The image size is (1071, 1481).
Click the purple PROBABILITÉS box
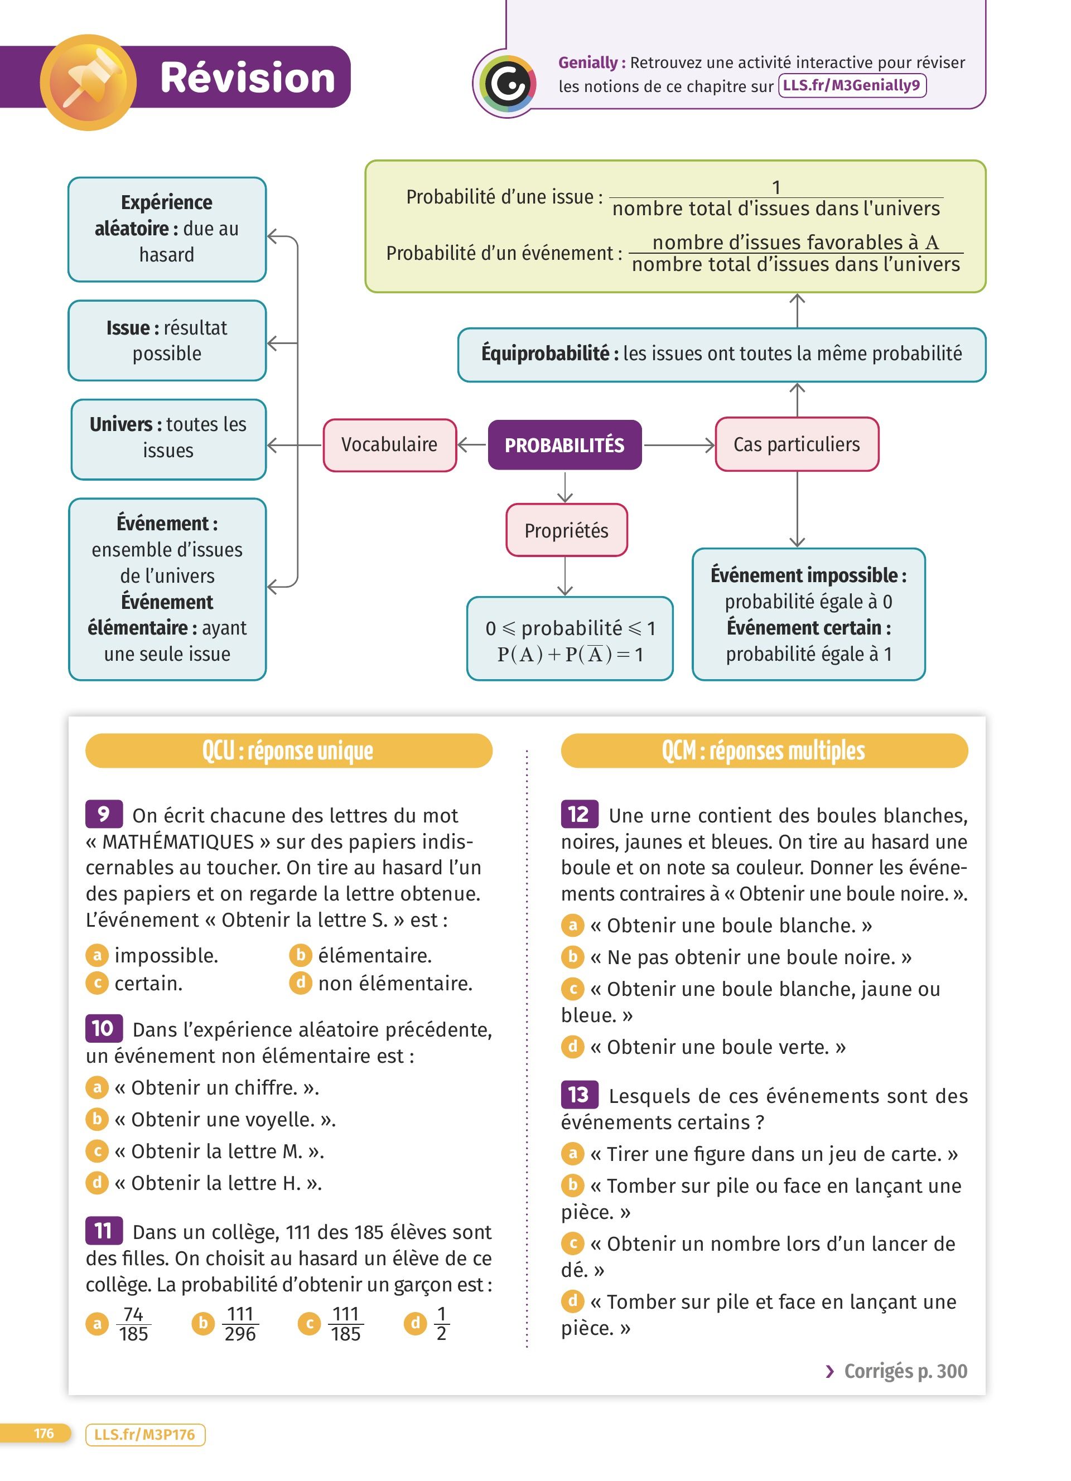[565, 445]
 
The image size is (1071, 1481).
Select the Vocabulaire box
[389, 445]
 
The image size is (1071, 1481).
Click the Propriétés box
[566, 530]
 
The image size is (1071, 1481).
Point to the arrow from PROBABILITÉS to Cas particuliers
[679, 446]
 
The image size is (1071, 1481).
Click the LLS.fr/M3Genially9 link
[852, 85]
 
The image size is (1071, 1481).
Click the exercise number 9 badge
[103, 814]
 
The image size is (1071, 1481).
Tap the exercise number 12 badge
[578, 814]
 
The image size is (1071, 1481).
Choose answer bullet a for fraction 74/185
[97, 1324]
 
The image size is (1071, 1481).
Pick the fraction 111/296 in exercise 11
[240, 1324]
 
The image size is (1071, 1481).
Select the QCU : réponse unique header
[288, 751]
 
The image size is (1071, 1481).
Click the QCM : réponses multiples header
[764, 751]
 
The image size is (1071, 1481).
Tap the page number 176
[44, 1434]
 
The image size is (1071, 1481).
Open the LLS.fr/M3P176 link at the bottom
[144, 1435]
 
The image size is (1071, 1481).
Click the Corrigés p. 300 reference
[896, 1371]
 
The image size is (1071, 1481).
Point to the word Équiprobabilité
[544, 354]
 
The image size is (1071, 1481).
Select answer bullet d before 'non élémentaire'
[301, 983]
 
